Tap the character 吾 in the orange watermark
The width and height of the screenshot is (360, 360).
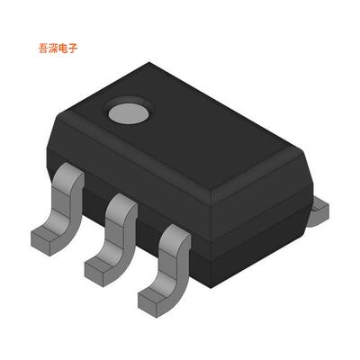[43, 49]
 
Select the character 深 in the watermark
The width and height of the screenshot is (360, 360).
[53, 49]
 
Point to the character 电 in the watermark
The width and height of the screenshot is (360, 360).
[63, 49]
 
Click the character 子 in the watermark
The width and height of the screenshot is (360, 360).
[73, 49]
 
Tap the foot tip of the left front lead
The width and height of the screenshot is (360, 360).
[41, 241]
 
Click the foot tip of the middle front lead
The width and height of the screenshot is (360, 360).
[94, 271]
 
